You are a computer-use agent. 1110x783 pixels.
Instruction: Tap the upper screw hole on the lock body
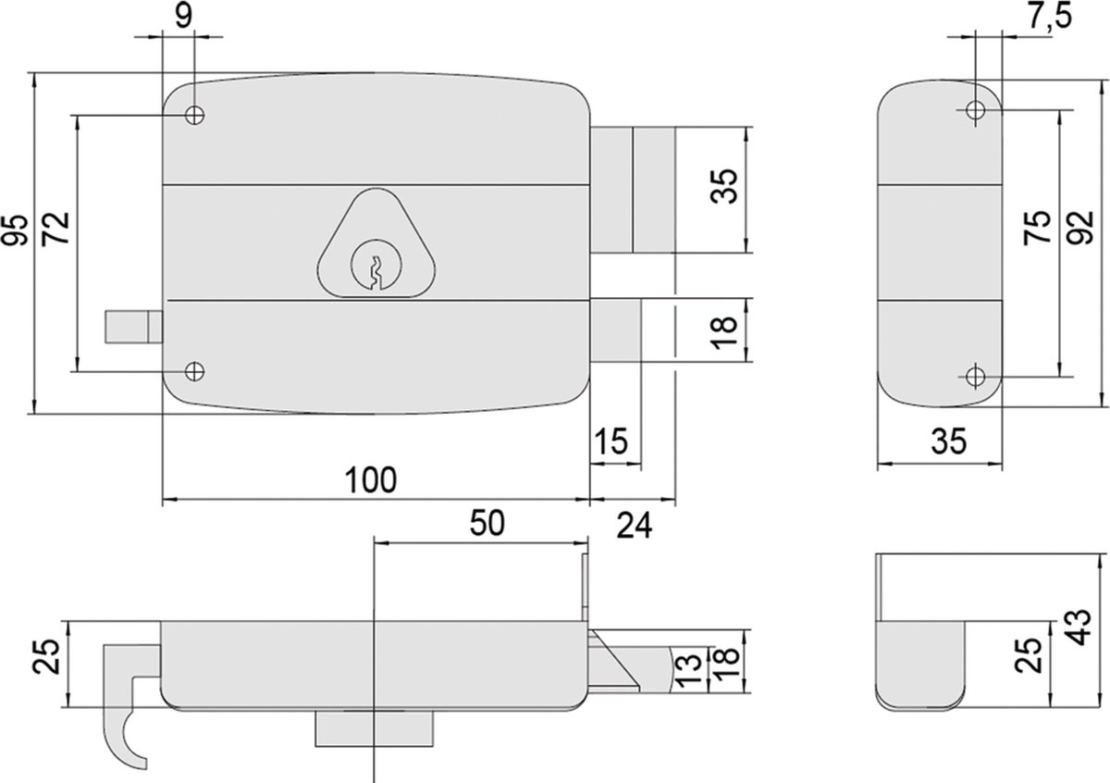click(x=194, y=116)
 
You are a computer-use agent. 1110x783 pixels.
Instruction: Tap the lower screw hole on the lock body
click(x=193, y=371)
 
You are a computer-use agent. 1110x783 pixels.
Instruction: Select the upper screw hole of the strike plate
click(x=975, y=110)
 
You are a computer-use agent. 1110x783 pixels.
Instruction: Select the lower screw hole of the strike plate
click(x=975, y=376)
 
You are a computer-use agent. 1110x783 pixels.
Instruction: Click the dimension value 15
click(x=613, y=441)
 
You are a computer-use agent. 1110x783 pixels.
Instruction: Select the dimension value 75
click(x=1039, y=229)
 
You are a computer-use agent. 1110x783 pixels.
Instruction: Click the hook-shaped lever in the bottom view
click(x=125, y=703)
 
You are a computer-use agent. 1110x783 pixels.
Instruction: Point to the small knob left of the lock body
click(x=131, y=329)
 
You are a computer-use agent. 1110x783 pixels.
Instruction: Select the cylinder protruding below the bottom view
click(x=375, y=727)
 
